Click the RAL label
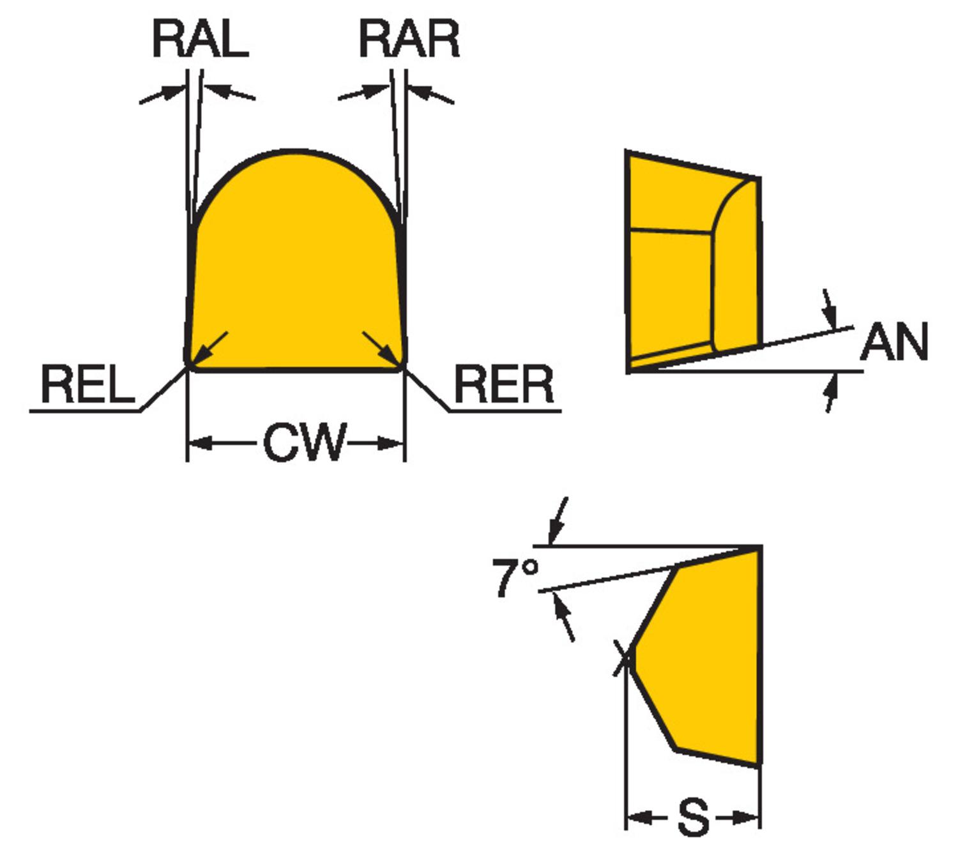click(200, 39)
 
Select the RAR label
click(409, 39)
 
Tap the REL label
click(87, 385)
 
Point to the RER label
click(504, 385)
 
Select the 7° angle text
click(515, 577)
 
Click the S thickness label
click(693, 817)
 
